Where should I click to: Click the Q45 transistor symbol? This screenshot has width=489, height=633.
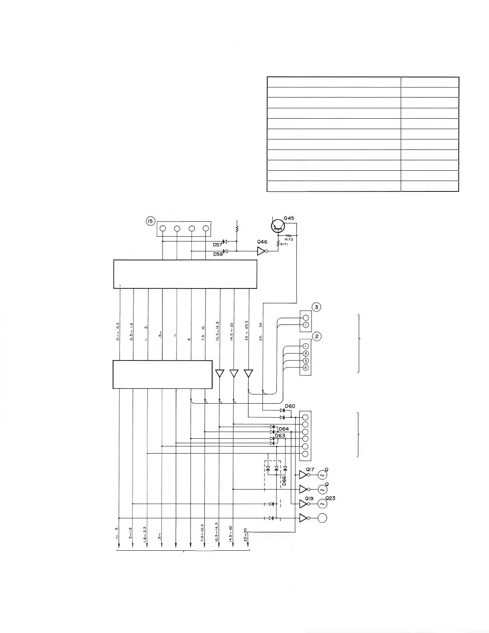[x=277, y=227]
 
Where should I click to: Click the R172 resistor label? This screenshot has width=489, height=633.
[x=294, y=240]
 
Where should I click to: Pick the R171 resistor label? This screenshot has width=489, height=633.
[x=284, y=244]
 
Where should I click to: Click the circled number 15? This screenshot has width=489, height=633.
[x=150, y=221]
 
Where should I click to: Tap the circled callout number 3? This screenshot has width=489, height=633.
[x=316, y=307]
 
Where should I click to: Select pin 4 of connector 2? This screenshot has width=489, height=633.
[x=306, y=368]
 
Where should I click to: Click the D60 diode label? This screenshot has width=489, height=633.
[x=290, y=406]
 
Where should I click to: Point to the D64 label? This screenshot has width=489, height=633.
[x=284, y=429]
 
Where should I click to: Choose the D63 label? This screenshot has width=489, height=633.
[x=280, y=436]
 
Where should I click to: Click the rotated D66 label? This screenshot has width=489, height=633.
[x=284, y=480]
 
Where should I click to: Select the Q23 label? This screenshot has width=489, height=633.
[x=330, y=498]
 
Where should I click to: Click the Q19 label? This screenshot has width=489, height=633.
[x=309, y=499]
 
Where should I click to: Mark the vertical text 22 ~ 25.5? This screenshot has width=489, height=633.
[x=247, y=330]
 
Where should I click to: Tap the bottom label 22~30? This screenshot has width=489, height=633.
[x=245, y=535]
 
